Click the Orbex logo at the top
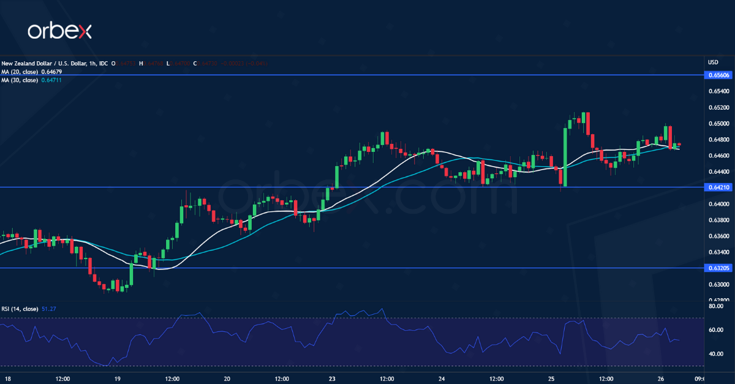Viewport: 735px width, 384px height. [x=59, y=31]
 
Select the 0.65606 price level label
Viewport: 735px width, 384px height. [x=718, y=75]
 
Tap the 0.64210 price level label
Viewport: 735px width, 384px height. [x=718, y=187]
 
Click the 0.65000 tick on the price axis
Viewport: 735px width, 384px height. [x=718, y=123]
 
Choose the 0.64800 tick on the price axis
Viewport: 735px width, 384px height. [x=718, y=139]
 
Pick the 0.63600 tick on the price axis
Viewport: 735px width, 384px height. [x=718, y=236]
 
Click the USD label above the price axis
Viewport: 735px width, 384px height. [x=713, y=62]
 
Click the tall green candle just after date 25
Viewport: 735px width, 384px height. [x=564, y=156]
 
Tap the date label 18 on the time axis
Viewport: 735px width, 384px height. [x=7, y=378]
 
